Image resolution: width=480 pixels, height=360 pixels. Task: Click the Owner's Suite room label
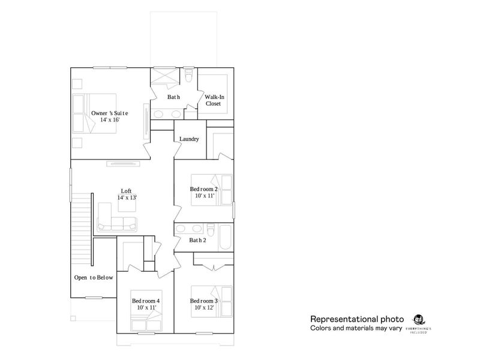pyautogui.click(x=109, y=113)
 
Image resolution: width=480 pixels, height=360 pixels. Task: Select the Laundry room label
pyautogui.click(x=189, y=139)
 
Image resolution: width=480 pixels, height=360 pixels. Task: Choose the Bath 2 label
pyautogui.click(x=198, y=241)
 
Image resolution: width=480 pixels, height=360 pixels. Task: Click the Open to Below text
pyautogui.click(x=93, y=278)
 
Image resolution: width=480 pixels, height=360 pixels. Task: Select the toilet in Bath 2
pyautogui.click(x=211, y=230)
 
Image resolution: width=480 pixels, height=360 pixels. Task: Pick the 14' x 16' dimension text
pyautogui.click(x=109, y=120)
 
